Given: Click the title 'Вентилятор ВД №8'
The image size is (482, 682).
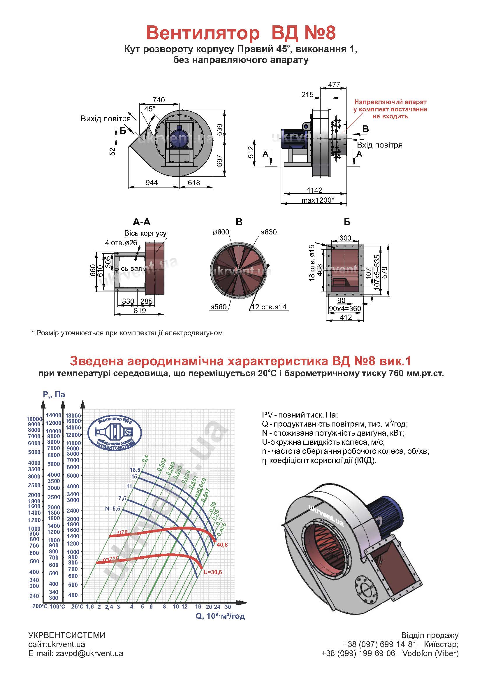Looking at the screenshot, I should point(241,33).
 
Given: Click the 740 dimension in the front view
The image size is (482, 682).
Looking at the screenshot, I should point(159,100).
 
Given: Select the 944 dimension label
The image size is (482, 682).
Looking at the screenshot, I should point(152,182).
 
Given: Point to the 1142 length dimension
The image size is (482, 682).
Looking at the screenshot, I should point(315,190).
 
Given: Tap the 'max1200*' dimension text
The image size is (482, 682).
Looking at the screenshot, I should point(318,200).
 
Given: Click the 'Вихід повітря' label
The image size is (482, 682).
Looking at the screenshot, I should point(106,119).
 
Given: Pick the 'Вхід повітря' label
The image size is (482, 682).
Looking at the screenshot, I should point(380,145).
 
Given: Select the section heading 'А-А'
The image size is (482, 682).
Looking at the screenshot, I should point(142,222).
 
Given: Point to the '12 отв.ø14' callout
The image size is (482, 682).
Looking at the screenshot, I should point(269,307).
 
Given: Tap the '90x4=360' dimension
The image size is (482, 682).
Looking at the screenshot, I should point(345,308).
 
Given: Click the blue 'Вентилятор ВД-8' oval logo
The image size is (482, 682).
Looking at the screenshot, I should point(115,431).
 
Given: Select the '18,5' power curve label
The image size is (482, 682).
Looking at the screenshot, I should point(135,470).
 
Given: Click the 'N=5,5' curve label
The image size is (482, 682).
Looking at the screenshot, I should point(112,509).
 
